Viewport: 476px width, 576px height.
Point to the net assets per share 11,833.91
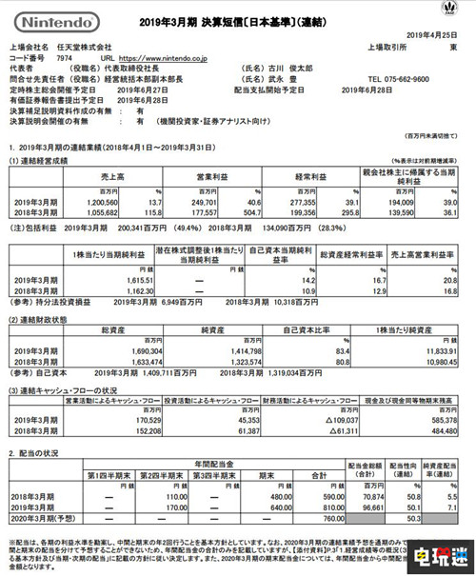click(x=416, y=349)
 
